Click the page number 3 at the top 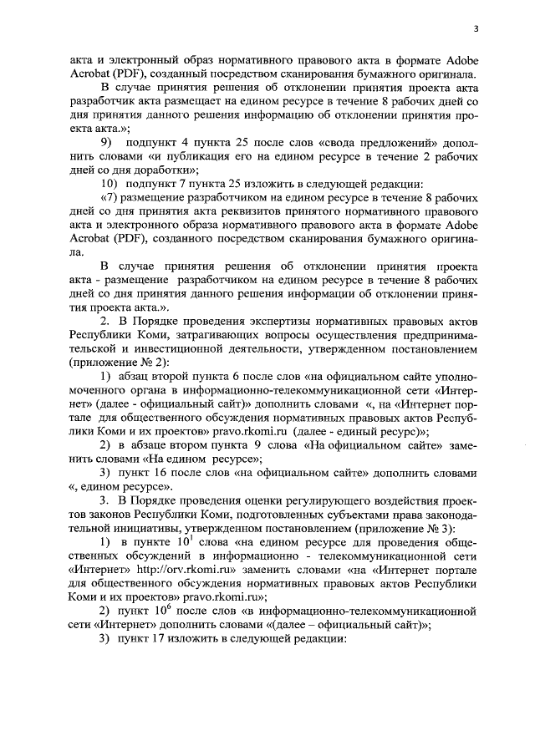475,28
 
